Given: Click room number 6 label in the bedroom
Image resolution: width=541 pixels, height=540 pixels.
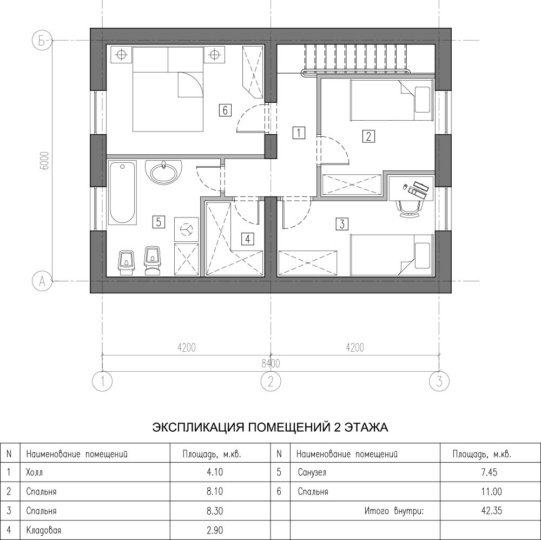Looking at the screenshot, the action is (x=225, y=110).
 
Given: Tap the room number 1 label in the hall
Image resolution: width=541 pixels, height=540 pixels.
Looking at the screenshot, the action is (x=299, y=133).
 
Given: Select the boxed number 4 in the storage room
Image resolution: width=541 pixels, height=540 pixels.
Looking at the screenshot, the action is (x=248, y=239).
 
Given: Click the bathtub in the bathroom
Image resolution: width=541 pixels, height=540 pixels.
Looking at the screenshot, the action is (x=122, y=193).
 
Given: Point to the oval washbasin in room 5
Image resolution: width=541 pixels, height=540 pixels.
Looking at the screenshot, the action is (x=163, y=172).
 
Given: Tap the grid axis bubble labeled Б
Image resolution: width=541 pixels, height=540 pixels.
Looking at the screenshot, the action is (x=42, y=41).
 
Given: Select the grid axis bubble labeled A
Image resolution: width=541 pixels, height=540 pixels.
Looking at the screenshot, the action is (x=42, y=281).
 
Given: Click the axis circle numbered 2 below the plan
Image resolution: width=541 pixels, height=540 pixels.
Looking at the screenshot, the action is (x=270, y=381).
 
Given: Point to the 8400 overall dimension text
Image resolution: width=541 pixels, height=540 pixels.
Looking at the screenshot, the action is (x=270, y=363).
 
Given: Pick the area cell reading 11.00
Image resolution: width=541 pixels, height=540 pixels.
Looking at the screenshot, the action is (x=491, y=491).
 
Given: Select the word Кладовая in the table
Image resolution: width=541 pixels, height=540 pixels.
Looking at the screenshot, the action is (x=43, y=530).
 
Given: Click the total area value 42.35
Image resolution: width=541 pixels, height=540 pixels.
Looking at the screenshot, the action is (x=491, y=511).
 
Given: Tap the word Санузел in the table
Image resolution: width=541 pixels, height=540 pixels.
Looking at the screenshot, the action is (x=312, y=472).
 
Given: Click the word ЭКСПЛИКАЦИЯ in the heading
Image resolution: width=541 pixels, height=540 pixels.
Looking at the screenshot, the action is (x=197, y=427).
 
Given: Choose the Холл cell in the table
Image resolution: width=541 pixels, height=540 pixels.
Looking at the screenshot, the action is (x=35, y=472).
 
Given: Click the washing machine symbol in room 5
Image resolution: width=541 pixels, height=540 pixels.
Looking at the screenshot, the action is (x=187, y=229).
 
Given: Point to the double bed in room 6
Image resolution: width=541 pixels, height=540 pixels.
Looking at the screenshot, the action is (x=168, y=89).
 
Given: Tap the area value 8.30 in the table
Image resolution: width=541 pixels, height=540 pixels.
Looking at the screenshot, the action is (x=215, y=511).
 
